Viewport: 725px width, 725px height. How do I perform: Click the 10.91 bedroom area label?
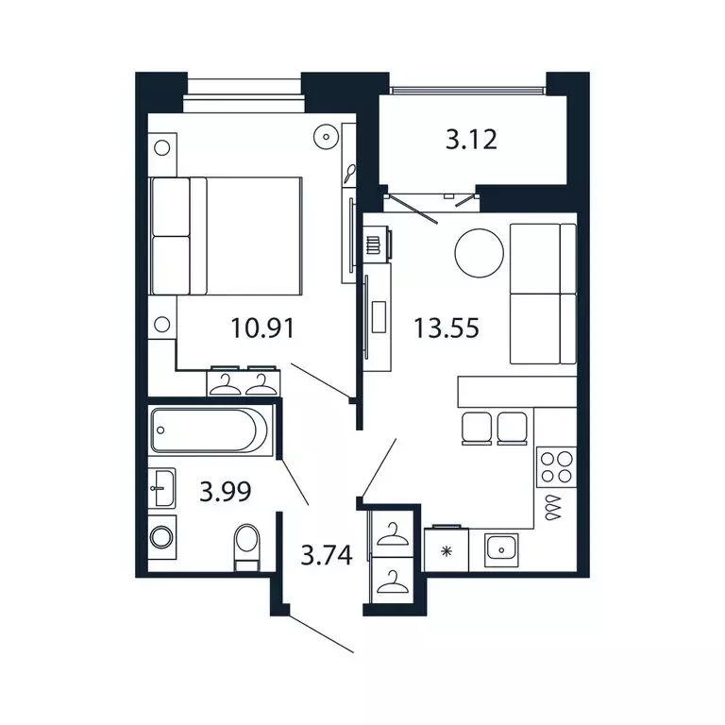click(x=263, y=329)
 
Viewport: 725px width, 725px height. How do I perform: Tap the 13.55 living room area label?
click(x=447, y=329)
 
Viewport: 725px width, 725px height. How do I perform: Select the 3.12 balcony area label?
click(x=471, y=142)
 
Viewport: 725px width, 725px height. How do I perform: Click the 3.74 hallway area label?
click(x=327, y=555)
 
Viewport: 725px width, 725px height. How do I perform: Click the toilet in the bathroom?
click(x=247, y=546)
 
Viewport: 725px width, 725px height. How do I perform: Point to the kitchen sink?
click(x=499, y=547)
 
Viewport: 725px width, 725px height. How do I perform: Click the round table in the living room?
click(x=480, y=252)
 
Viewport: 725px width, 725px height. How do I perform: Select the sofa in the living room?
click(x=542, y=294)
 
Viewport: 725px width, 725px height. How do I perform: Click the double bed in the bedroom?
click(x=226, y=235)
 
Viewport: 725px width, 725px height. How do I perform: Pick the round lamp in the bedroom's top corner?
click(x=327, y=137)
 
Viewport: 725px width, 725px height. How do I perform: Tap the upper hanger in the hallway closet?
click(x=390, y=537)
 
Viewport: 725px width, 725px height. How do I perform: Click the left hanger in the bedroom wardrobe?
click(x=227, y=381)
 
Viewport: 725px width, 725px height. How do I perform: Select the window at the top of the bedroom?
click(x=243, y=87)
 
